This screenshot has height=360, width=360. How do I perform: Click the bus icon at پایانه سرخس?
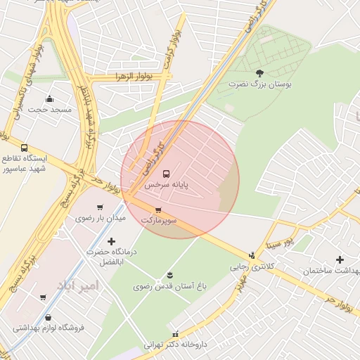click(166, 174)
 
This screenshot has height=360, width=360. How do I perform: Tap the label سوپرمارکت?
click(158, 220)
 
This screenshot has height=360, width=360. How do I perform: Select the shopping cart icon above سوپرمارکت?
click(158, 210)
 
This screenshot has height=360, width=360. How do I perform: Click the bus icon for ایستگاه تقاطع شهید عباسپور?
click(25, 148)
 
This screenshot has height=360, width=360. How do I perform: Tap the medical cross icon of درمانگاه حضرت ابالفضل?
click(111, 241)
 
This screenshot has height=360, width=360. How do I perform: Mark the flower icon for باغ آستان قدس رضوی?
click(169, 274)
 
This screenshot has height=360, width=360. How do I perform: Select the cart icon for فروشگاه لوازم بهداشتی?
click(43, 297)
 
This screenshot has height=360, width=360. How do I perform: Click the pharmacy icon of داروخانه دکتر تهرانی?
click(175, 333)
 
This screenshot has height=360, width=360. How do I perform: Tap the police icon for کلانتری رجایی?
click(252, 255)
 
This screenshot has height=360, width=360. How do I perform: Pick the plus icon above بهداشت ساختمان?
click(340, 259)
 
